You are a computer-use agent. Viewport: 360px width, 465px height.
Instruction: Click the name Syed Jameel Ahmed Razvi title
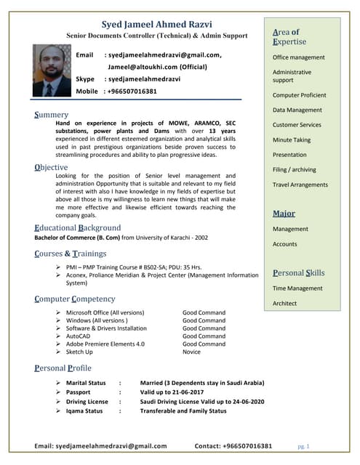click(x=156, y=22)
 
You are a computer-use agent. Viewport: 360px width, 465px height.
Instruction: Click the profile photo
click(x=52, y=70)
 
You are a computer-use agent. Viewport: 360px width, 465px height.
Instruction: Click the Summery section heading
click(x=52, y=115)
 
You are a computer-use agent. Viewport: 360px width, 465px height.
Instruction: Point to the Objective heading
click(x=52, y=167)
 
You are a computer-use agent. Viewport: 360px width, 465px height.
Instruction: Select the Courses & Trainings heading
click(x=71, y=254)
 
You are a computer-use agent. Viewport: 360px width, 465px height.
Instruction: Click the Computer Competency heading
click(x=75, y=299)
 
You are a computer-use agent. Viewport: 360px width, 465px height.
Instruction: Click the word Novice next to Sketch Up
click(x=191, y=352)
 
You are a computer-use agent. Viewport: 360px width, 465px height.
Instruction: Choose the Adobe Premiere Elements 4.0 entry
click(x=105, y=344)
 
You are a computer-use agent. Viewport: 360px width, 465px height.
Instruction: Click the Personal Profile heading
click(x=63, y=368)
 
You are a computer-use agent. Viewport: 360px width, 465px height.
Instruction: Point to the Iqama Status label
click(x=84, y=411)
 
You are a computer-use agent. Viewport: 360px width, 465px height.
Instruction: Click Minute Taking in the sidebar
click(x=291, y=139)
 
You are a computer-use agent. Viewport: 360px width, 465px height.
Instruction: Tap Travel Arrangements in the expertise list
click(x=300, y=185)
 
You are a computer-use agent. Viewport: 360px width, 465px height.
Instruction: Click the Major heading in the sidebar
click(x=284, y=214)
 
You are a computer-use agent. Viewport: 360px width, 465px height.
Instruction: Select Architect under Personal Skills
click(x=284, y=303)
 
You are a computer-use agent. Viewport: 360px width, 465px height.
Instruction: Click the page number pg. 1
click(x=304, y=445)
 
